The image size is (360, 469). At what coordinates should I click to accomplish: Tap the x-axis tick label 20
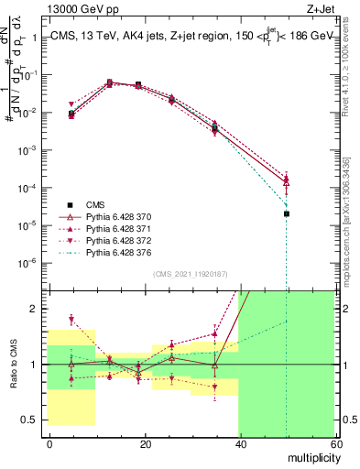click(x=145, y=443)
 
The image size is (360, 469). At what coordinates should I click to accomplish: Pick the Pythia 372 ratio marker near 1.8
click(x=71, y=320)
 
